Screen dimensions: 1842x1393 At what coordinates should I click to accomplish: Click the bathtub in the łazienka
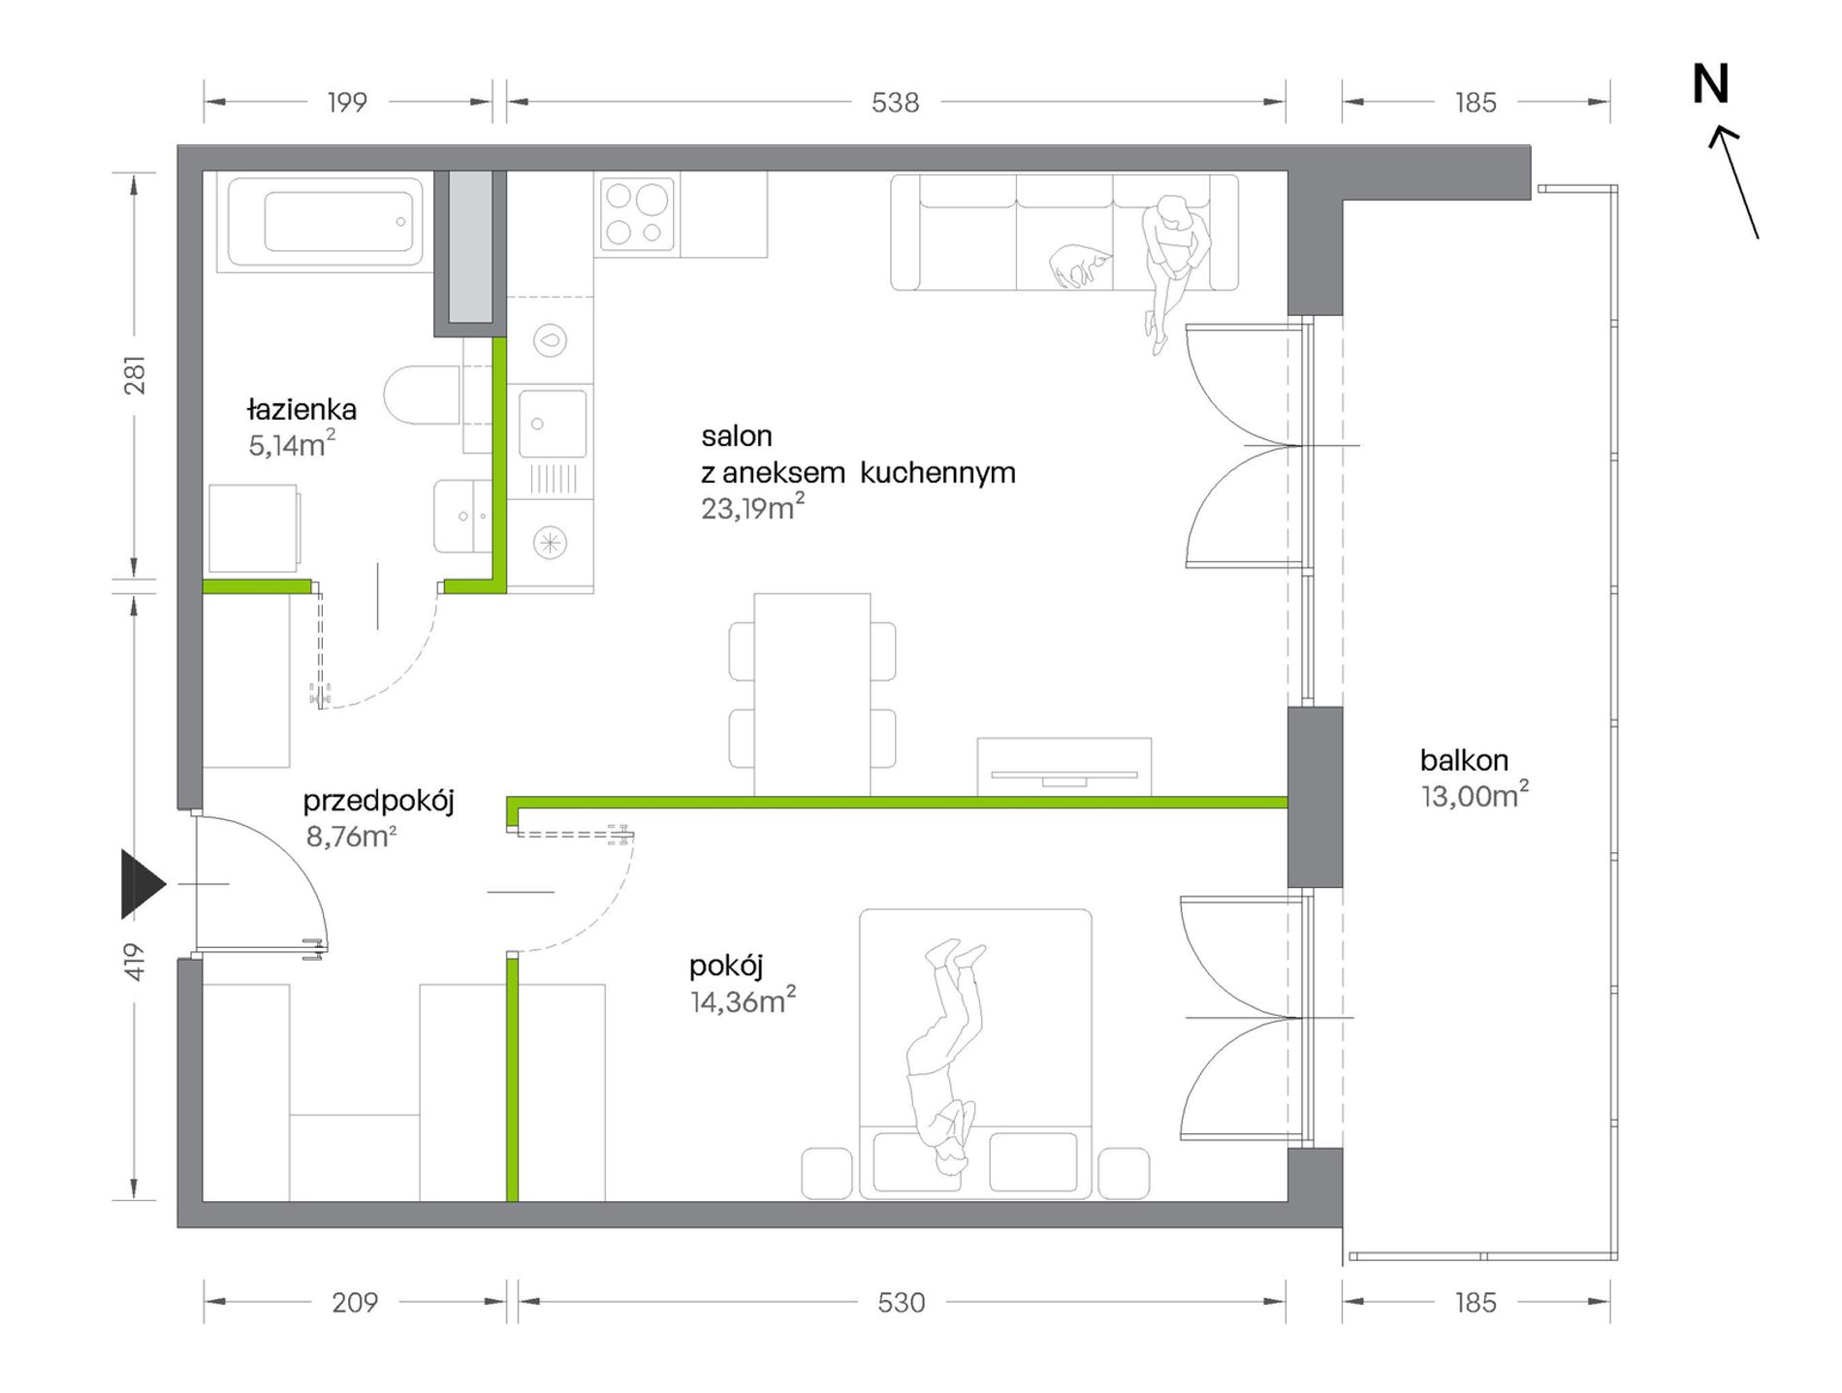326,222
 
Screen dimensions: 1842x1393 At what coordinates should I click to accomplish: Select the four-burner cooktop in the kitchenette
637,212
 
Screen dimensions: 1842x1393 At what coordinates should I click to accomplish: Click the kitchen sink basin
553,424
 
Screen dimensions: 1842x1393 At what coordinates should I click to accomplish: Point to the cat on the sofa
1079,265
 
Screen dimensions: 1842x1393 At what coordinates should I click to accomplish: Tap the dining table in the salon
811,694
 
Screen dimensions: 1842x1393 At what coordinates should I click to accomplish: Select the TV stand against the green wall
1064,767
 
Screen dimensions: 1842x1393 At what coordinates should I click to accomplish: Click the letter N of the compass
1710,84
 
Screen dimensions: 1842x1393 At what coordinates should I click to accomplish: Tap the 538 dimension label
895,102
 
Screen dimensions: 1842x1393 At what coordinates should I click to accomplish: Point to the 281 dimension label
134,374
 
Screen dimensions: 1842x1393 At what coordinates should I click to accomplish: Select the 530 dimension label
902,1302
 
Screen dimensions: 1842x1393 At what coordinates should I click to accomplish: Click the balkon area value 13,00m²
1475,795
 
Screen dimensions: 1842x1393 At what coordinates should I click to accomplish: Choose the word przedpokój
378,802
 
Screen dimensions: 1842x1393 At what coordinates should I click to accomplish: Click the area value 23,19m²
753,507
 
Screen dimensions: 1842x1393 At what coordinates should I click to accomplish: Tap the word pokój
726,966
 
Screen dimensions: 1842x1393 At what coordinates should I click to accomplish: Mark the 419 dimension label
134,962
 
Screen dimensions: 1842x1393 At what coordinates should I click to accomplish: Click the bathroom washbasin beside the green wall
461,516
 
